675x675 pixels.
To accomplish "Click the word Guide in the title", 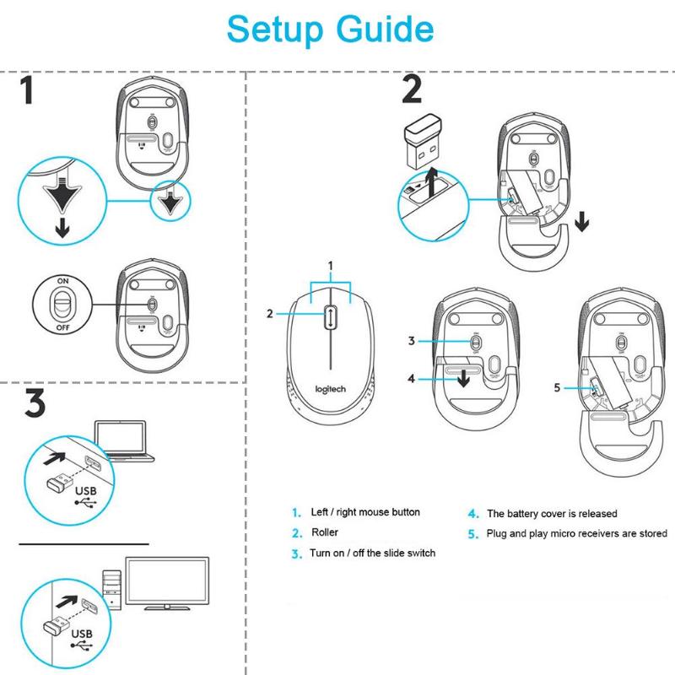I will click(387, 30).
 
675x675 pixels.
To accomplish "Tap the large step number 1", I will click(29, 90).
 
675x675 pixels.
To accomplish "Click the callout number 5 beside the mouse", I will click(557, 388).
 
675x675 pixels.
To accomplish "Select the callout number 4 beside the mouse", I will click(411, 379).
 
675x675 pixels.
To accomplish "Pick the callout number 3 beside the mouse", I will click(412, 341).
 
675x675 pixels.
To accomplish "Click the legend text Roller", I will click(325, 532).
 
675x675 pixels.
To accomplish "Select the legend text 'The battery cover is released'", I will click(551, 513).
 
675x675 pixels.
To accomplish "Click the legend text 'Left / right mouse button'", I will click(365, 512).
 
